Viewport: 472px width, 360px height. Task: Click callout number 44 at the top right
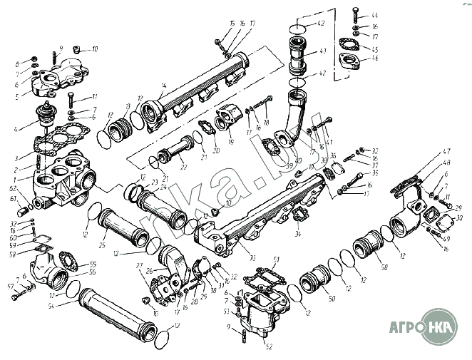click(x=375, y=15)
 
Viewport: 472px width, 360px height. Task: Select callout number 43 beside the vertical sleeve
click(x=322, y=51)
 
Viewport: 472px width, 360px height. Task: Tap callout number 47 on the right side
click(x=447, y=151)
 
